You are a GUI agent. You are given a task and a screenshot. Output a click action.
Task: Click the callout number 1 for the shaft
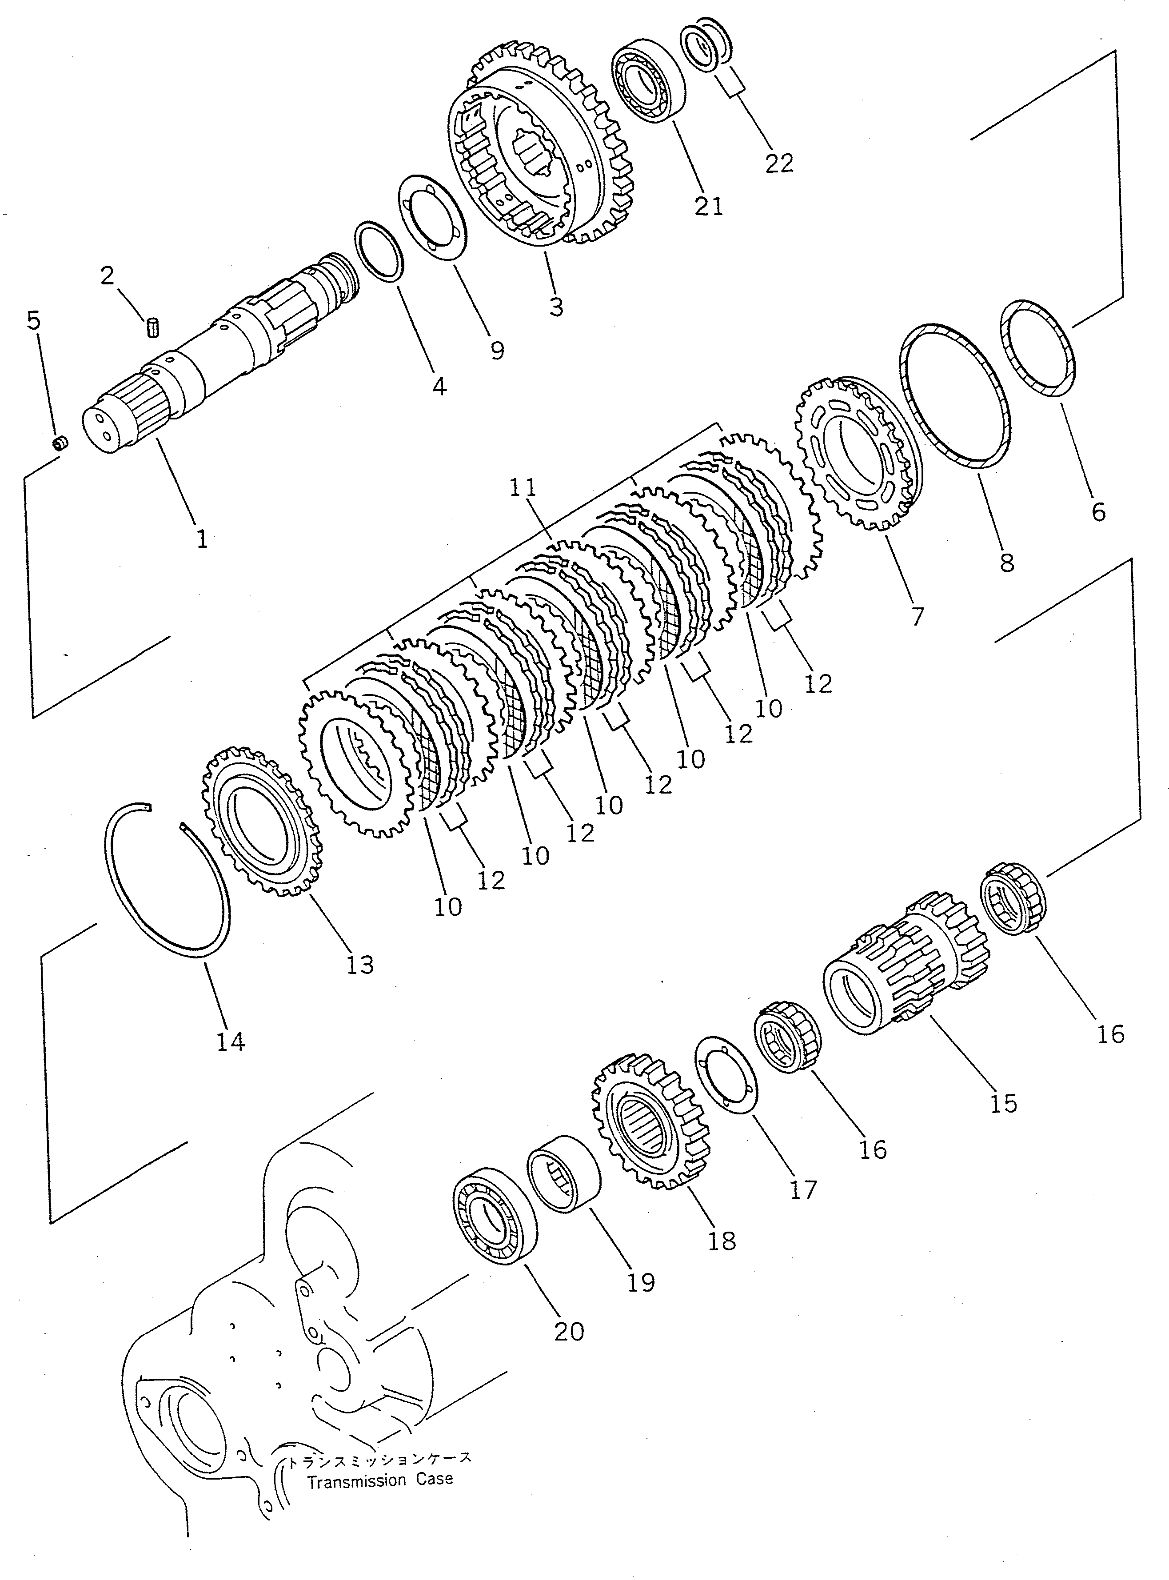pos(202,539)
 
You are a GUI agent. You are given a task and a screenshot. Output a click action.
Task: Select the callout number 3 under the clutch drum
pos(556,307)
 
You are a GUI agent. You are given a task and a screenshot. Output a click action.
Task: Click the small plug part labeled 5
pos(60,443)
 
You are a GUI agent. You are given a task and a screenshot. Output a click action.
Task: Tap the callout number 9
pos(498,350)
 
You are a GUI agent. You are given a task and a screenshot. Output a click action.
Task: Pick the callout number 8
pos(1006,563)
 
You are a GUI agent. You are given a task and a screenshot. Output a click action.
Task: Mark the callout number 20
pos(569,1332)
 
